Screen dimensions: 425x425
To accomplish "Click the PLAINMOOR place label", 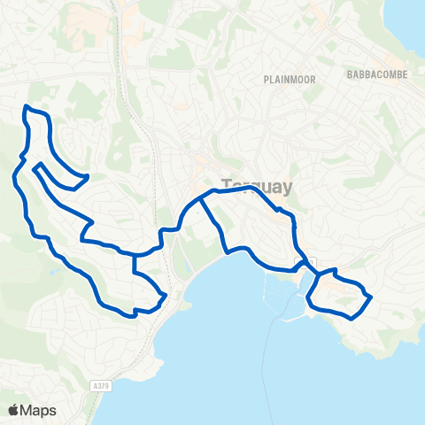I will click(284, 79).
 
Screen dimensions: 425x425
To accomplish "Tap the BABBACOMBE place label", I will click(377, 74).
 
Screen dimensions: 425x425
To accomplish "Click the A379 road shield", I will click(100, 386).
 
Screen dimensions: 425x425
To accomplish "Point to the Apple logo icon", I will click(14, 410).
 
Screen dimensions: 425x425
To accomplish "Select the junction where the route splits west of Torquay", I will click(202, 198).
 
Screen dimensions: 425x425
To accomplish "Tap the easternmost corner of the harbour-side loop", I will click(370, 297).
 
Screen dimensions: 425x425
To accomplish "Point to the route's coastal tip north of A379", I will click(166, 296).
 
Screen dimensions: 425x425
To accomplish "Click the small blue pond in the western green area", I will click(55, 272).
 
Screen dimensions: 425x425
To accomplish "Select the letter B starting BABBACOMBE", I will click(352, 74).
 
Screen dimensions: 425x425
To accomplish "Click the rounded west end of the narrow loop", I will click(35, 166).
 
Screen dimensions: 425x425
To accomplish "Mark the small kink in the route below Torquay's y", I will click(279, 210).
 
